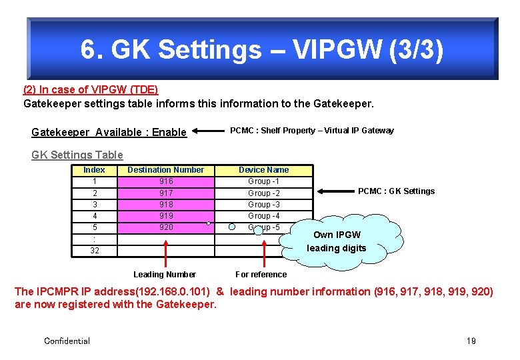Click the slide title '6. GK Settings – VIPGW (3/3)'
pyautogui.click(x=261, y=50)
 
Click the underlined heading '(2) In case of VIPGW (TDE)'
pyautogui.click(x=91, y=89)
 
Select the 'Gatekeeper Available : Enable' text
pyautogui.click(x=109, y=132)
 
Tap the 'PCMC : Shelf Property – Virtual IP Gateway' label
pyautogui.click(x=311, y=131)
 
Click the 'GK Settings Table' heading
pyautogui.click(x=77, y=155)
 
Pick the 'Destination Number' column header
pyautogui.click(x=165, y=170)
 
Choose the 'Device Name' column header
pyautogui.click(x=263, y=170)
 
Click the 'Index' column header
pyautogui.click(x=94, y=170)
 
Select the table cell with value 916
pyautogui.click(x=166, y=181)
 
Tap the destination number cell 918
pyautogui.click(x=166, y=205)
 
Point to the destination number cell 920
pyautogui.click(x=166, y=227)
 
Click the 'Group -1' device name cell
pyautogui.click(x=263, y=181)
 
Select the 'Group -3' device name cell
pyautogui.click(x=263, y=205)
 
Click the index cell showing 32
pyautogui.click(x=94, y=251)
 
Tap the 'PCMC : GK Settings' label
pyautogui.click(x=396, y=191)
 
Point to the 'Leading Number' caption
pyautogui.click(x=165, y=275)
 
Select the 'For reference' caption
pyautogui.click(x=261, y=275)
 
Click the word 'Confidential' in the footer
pyautogui.click(x=67, y=341)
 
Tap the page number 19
pyautogui.click(x=471, y=341)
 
